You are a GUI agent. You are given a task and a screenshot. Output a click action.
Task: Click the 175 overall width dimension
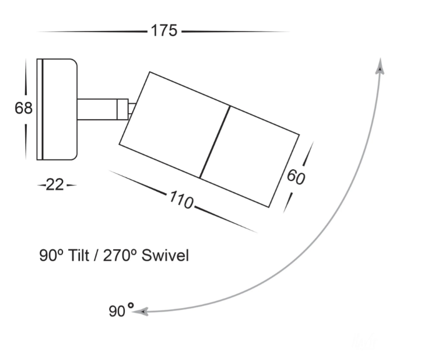click(164, 31)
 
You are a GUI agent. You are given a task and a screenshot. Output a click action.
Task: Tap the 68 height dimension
click(24, 109)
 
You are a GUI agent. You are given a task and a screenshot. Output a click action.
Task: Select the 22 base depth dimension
click(55, 185)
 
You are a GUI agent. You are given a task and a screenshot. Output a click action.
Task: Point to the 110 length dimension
click(181, 200)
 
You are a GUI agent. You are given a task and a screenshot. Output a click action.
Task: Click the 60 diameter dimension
click(296, 176)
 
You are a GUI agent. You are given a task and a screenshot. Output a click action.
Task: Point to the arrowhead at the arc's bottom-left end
click(141, 312)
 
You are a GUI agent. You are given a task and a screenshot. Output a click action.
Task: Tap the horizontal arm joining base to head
click(96, 109)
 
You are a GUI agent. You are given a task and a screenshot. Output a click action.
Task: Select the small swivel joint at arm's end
click(124, 109)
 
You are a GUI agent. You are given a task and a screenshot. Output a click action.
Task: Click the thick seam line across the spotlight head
click(215, 142)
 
